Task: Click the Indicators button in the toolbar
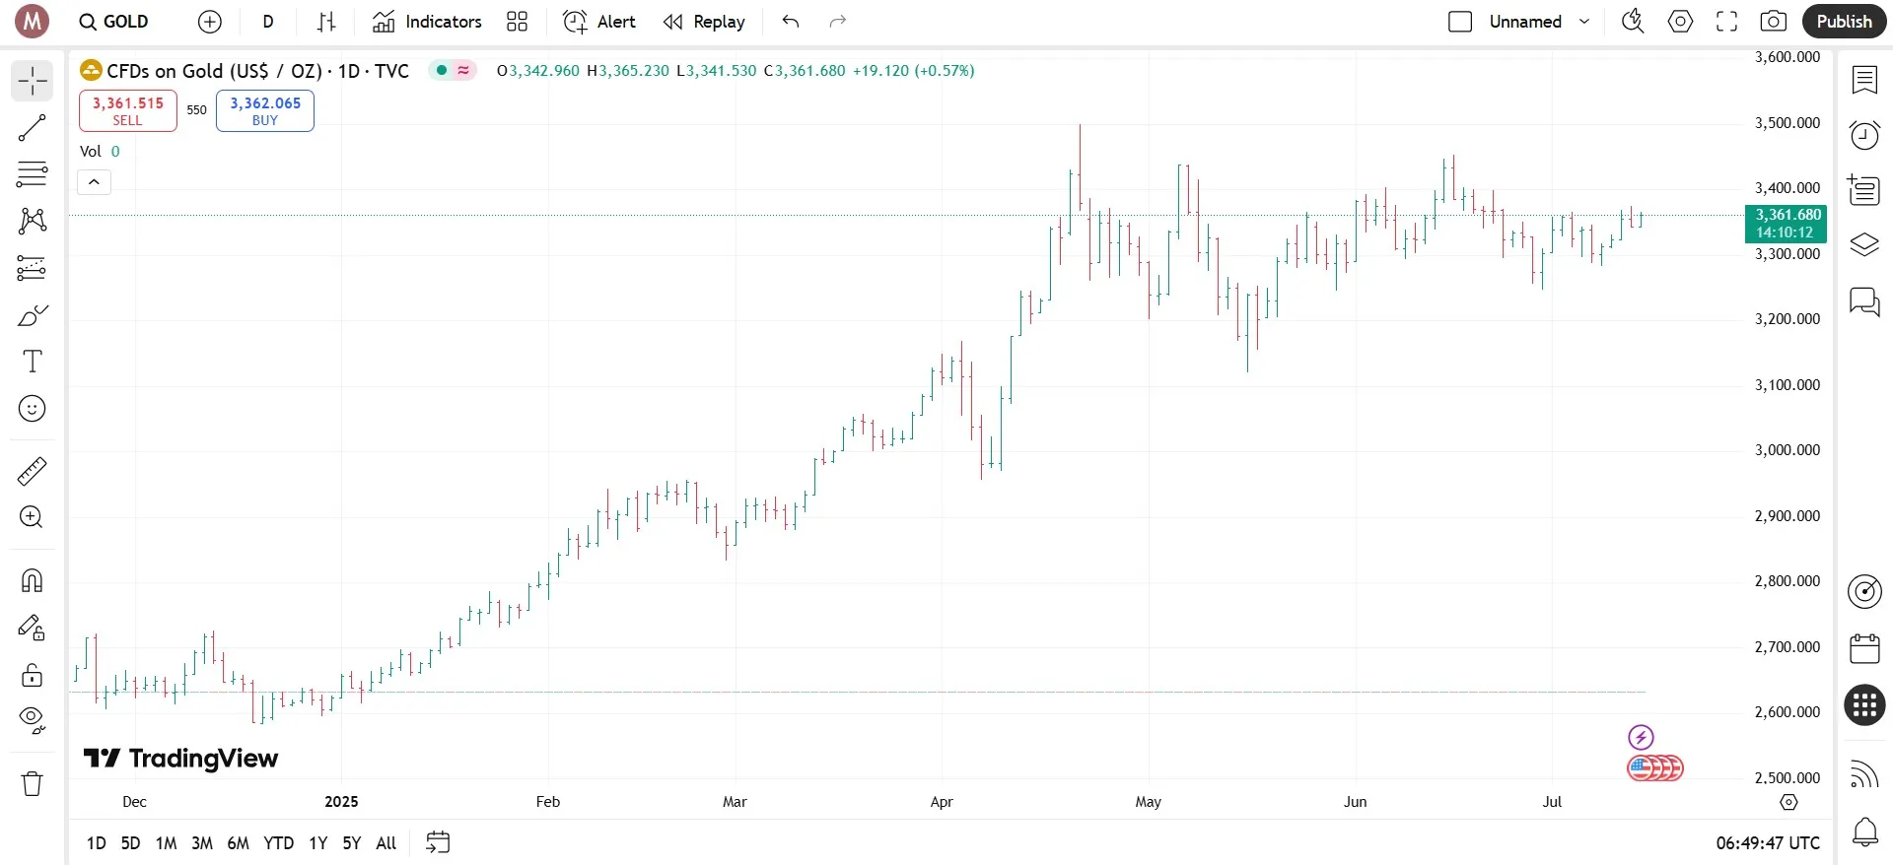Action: [427, 22]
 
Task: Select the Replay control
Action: [704, 22]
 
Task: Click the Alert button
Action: [599, 22]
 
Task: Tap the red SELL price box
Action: [128, 110]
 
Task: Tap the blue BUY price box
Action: [265, 110]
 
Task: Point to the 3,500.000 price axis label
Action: [1787, 123]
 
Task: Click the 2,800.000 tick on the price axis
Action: [1787, 581]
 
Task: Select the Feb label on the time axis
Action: [548, 802]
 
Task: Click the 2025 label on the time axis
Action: [341, 802]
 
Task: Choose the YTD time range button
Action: [278, 843]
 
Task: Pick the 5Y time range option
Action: [352, 843]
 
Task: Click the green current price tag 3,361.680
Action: [1786, 224]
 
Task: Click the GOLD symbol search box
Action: [114, 22]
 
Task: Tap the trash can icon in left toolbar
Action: [33, 783]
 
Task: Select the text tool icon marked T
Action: [33, 362]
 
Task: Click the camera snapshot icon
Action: [1773, 22]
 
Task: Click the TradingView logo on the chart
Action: [181, 758]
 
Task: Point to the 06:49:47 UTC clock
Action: [1768, 843]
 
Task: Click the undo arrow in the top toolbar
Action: [790, 22]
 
